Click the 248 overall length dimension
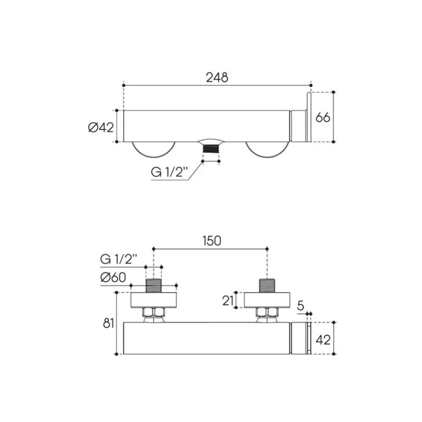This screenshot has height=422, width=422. (217, 77)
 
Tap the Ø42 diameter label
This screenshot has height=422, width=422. (101, 127)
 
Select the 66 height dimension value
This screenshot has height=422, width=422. (323, 118)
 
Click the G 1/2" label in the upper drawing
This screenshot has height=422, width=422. (169, 172)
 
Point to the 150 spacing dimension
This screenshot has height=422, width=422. (212, 241)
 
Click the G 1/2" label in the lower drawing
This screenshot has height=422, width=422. (119, 259)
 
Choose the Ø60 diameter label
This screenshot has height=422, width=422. (113, 277)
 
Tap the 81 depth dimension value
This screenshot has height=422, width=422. (109, 323)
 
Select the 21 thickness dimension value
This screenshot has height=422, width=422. (228, 300)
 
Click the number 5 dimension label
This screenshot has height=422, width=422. (301, 306)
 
